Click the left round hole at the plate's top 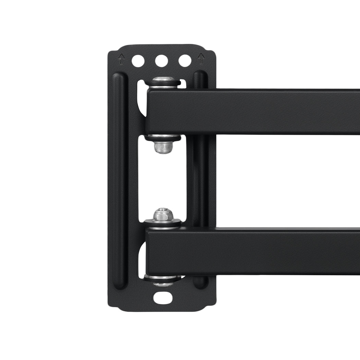pos(138,61)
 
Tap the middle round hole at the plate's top pos(161,61)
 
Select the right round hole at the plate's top pos(185,61)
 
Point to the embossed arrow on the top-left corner pos(121,59)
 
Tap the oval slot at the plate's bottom pos(163,297)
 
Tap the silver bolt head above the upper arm pos(163,80)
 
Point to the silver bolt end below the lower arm pos(163,284)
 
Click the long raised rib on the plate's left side pos(119,178)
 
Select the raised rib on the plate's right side pos(200,178)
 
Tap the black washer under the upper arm pos(163,138)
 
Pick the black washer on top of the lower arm pos(163,223)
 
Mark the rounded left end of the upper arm pos(149,111)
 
